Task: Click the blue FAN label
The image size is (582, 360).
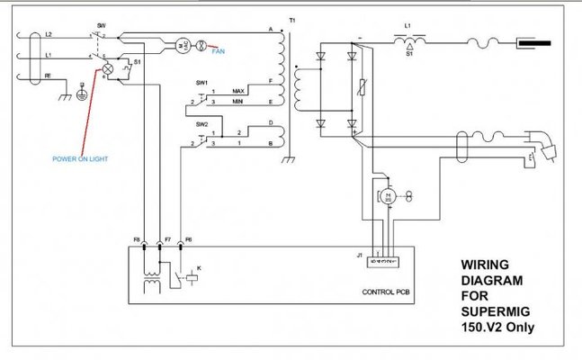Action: pyautogui.click(x=219, y=51)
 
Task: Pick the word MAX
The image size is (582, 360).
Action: pyautogui.click(x=238, y=91)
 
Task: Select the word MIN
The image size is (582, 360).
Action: pyautogui.click(x=238, y=103)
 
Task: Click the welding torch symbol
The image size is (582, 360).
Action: pyautogui.click(x=543, y=144)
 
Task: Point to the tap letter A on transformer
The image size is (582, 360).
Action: pyautogui.click(x=271, y=30)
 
